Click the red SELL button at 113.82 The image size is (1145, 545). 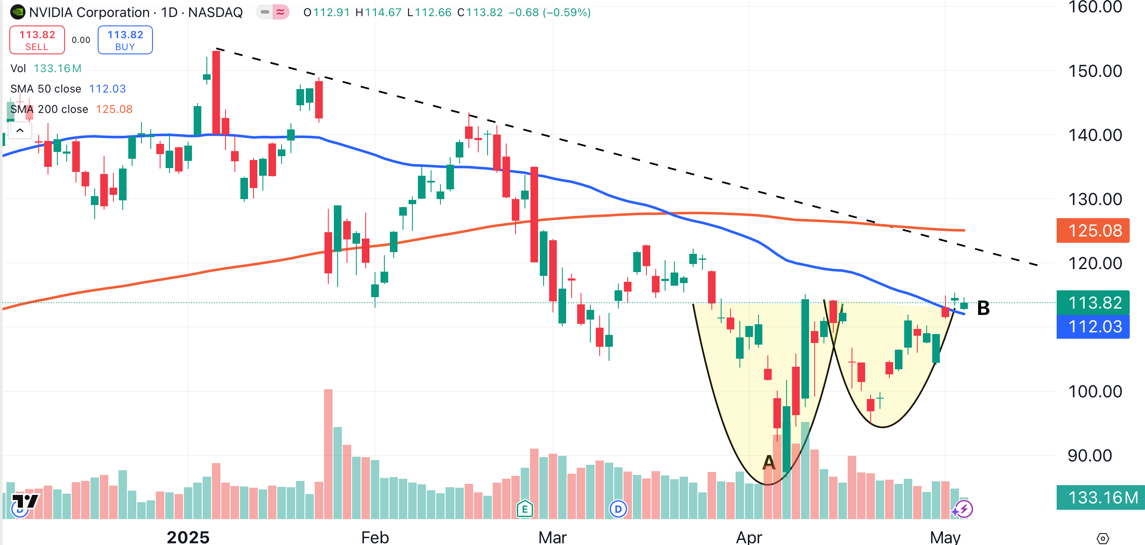pyautogui.click(x=37, y=40)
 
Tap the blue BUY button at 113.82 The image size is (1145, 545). pyautogui.click(x=125, y=40)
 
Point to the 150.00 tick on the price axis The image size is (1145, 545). pyautogui.click(x=1095, y=71)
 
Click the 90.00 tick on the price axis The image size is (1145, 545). pyautogui.click(x=1089, y=455)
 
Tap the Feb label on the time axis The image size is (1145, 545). pyautogui.click(x=375, y=537)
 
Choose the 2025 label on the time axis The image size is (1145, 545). pyautogui.click(x=188, y=537)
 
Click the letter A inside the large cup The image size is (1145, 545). pyautogui.click(x=769, y=462)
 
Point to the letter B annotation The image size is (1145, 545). pyautogui.click(x=983, y=308)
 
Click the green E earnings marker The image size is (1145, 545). pyautogui.click(x=525, y=509)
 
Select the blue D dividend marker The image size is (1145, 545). pyautogui.click(x=618, y=509)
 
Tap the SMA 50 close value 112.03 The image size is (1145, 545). pyautogui.click(x=107, y=89)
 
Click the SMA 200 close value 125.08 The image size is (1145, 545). pyautogui.click(x=114, y=109)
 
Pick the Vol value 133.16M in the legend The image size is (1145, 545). pyautogui.click(x=57, y=68)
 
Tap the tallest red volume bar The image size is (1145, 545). pyautogui.click(x=328, y=453)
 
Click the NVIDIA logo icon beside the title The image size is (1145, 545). pyautogui.click(x=18, y=12)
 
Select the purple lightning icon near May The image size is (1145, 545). pyautogui.click(x=964, y=509)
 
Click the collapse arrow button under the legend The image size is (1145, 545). pyautogui.click(x=20, y=131)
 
